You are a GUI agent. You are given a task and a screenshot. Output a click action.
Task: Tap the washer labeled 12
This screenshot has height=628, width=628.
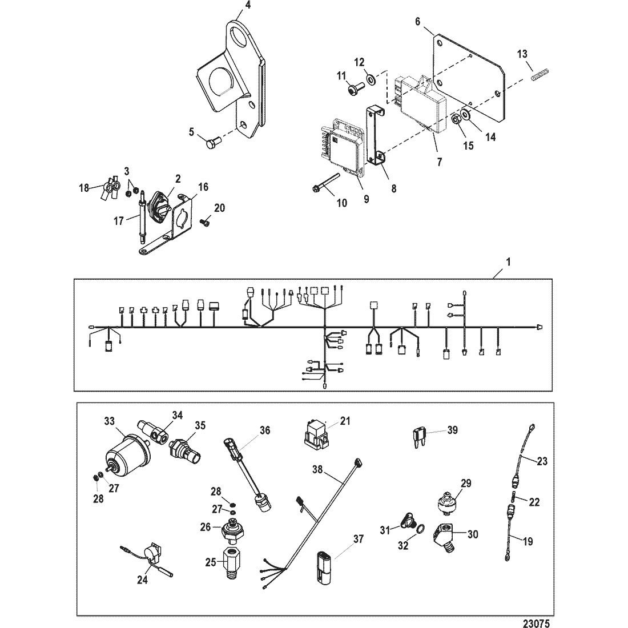point(371,78)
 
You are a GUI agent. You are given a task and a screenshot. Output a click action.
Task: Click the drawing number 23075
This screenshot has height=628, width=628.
point(536,623)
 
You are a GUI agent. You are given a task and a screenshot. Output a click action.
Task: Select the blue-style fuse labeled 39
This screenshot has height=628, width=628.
point(418,434)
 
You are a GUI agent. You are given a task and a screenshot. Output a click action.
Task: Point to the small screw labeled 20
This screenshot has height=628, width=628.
point(206,222)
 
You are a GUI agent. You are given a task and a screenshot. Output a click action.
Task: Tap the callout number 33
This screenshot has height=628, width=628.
point(110,421)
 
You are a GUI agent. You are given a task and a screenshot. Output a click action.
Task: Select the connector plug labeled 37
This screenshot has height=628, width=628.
point(322,564)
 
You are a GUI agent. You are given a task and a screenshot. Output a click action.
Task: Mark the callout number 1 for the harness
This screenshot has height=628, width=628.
point(509,262)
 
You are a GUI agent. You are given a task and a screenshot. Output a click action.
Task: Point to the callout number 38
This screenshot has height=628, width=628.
point(317,469)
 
